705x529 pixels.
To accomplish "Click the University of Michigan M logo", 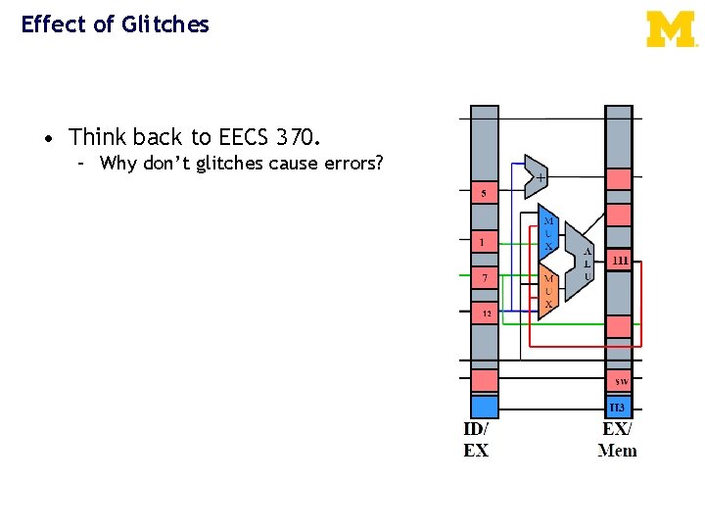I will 671,29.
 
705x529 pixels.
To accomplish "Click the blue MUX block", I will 548,233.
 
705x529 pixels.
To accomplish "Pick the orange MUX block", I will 548,292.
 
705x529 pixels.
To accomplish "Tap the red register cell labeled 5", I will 484,193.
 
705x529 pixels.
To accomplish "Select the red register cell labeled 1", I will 484,240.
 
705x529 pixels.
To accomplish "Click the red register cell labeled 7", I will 484,279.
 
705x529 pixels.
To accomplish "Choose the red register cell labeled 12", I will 484,313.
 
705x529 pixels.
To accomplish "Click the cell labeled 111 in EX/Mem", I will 619,261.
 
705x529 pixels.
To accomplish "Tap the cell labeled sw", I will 619,380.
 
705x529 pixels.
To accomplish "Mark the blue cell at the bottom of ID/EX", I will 484,406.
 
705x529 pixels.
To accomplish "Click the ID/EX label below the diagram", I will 476,440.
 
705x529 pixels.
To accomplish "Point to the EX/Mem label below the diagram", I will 617,440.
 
